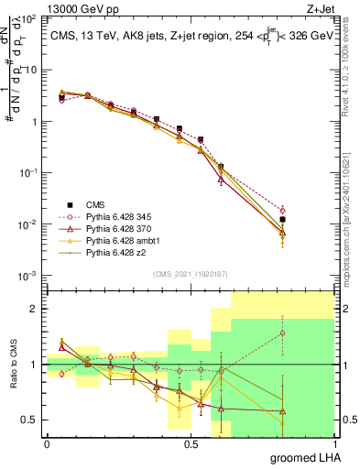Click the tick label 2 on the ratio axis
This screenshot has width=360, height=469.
pyautogui.click(x=34, y=309)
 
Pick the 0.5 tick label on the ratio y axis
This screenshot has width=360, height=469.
pyautogui.click(x=29, y=420)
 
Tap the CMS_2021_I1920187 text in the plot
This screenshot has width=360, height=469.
pyautogui.click(x=190, y=273)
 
